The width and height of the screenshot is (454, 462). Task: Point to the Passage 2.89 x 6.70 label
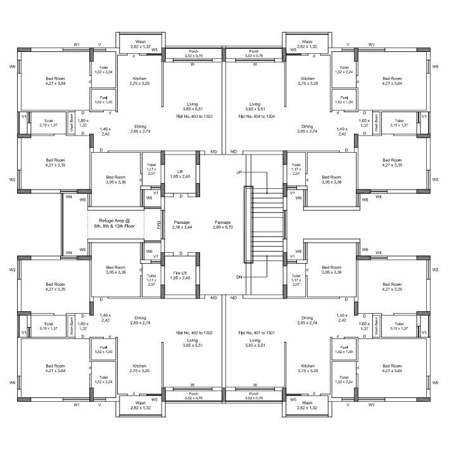222,224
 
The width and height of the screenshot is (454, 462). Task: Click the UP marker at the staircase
239,172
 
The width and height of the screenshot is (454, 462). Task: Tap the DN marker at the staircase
239,277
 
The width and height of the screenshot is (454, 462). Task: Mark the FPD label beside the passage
159,224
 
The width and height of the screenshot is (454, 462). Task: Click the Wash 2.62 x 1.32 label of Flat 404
308,44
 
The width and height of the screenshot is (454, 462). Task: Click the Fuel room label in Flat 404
344,99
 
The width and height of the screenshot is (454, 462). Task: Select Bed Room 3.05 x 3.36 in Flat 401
331,270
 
